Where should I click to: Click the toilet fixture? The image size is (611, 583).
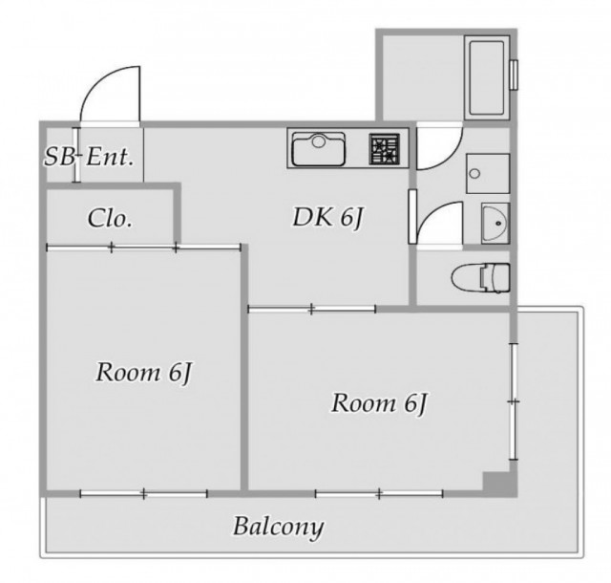point(481,277)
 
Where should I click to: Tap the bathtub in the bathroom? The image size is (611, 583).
point(487,78)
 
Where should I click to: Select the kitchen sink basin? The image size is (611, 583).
point(319,149)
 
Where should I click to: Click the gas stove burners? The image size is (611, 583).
point(385,149)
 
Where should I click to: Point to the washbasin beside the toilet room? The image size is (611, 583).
point(495,224)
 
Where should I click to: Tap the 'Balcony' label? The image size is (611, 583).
point(279,528)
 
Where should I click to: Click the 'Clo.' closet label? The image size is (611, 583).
point(110,218)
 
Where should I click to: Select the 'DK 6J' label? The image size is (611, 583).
point(328,218)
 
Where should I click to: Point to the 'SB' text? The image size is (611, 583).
point(59,157)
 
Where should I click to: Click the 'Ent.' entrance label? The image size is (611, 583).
point(110,157)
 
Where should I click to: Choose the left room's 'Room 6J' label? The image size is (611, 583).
point(144,373)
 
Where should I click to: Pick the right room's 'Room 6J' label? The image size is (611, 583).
point(379,403)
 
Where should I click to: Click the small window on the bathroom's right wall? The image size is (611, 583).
point(515,75)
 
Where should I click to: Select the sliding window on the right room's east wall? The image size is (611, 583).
point(514,401)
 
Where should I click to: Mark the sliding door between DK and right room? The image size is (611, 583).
point(312,310)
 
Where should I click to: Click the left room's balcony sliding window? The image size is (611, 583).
point(144,494)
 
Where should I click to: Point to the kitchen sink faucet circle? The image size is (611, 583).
point(319,140)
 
